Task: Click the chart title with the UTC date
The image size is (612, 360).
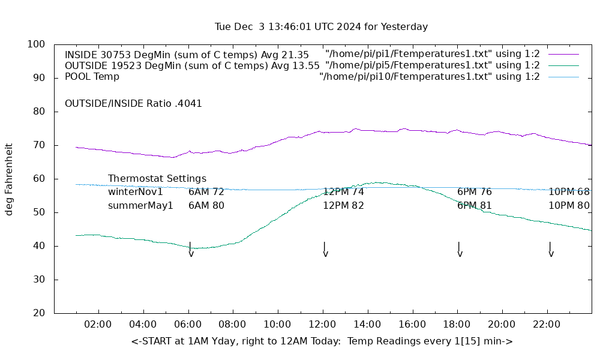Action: [321, 26]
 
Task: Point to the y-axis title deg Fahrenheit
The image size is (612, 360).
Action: [9, 179]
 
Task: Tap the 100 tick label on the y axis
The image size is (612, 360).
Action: [37, 44]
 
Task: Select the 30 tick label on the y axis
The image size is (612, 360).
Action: [39, 280]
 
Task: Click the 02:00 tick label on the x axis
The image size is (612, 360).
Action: [98, 324]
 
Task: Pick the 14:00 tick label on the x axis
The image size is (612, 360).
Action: [367, 324]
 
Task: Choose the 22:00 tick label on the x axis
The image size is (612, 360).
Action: [547, 324]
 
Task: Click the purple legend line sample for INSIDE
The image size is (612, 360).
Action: [563, 54]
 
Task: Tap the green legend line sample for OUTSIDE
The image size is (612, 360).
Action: [563, 65]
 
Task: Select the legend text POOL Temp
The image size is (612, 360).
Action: [92, 77]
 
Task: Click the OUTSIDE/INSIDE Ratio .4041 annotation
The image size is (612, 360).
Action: [133, 103]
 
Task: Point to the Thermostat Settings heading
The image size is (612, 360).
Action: [157, 179]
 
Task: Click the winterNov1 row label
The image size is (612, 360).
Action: [136, 192]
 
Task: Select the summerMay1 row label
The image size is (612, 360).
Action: [140, 205]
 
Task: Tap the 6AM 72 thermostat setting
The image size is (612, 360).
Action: [206, 192]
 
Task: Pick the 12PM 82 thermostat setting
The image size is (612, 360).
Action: [343, 205]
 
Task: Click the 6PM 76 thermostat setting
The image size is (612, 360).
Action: [474, 192]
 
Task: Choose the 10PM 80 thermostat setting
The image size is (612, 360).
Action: [569, 205]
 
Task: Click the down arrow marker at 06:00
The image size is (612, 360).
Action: [191, 250]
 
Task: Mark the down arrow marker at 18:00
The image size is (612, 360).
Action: [460, 250]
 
